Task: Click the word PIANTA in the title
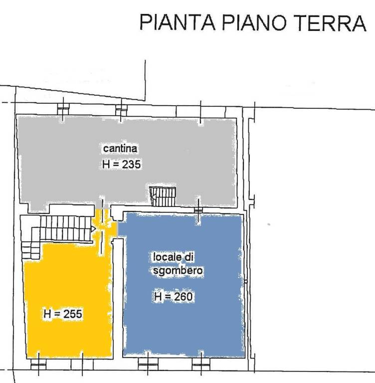pyautogui.click(x=178, y=22)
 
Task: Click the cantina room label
pyautogui.click(x=120, y=149)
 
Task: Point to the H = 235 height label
pyautogui.click(x=121, y=164)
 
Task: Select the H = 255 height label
pyautogui.click(x=63, y=314)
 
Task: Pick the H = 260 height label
pyautogui.click(x=174, y=297)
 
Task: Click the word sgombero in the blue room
pyautogui.click(x=178, y=271)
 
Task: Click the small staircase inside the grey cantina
pyautogui.click(x=163, y=196)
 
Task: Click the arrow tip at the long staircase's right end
pyautogui.click(x=95, y=229)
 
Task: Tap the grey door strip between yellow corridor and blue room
pyautogui.click(x=117, y=228)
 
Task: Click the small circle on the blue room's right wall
pyautogui.click(x=246, y=282)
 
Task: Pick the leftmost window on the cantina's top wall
pyautogui.click(x=63, y=109)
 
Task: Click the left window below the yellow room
pyautogui.click(x=38, y=364)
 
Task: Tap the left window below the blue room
pyautogui.click(x=147, y=364)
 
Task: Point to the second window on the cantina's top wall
pyautogui.click(x=121, y=110)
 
